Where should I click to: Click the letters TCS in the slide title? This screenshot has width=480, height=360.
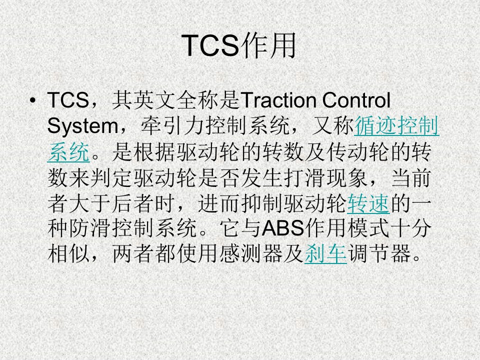(x=210, y=45)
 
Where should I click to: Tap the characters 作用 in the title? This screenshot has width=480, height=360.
(x=268, y=45)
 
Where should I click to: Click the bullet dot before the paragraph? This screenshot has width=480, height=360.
(x=33, y=100)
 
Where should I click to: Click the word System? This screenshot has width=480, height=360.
(x=83, y=126)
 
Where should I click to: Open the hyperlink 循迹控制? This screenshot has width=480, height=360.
(x=396, y=126)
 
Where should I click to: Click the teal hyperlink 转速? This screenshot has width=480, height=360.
(x=368, y=203)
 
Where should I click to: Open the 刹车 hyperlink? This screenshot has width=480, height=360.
(x=325, y=254)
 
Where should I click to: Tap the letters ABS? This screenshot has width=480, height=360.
(x=283, y=228)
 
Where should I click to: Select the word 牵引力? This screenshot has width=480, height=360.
(x=173, y=126)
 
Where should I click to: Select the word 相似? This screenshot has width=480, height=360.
(x=69, y=254)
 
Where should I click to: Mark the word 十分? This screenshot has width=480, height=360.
(x=410, y=228)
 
